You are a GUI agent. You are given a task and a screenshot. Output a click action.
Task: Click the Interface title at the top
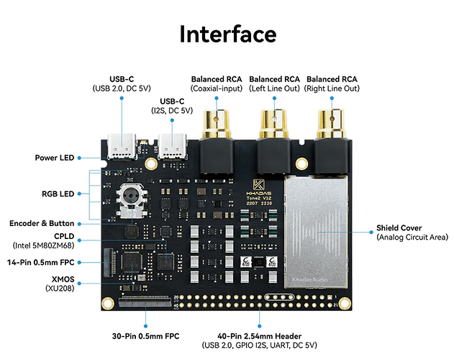(x=227, y=33)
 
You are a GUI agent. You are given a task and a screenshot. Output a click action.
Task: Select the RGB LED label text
(x=59, y=194)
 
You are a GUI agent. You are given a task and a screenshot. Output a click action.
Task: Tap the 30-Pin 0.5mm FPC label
(x=146, y=336)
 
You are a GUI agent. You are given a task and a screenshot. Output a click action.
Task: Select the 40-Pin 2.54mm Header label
(x=258, y=336)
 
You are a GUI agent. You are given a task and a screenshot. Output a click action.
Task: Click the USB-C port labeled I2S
(x=173, y=147)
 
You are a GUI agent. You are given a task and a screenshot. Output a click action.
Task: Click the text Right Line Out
(x=332, y=89)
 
